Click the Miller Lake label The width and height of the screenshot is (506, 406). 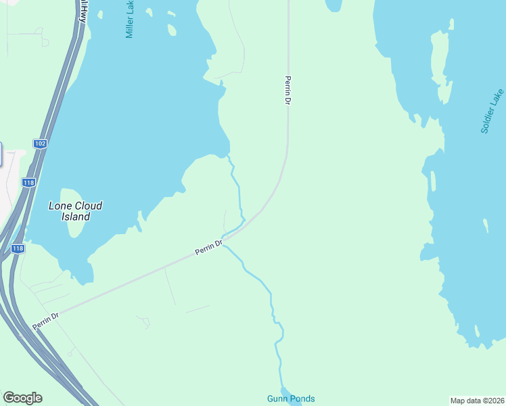click(x=130, y=19)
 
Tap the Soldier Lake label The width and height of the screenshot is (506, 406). click(x=492, y=111)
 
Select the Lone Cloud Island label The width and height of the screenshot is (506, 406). click(x=75, y=211)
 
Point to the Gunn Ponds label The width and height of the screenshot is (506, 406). click(x=291, y=399)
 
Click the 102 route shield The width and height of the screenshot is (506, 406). click(x=40, y=143)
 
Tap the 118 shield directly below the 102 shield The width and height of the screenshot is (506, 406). click(x=28, y=182)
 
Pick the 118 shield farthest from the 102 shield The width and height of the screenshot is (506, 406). click(x=18, y=249)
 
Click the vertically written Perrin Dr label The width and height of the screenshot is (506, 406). click(x=287, y=89)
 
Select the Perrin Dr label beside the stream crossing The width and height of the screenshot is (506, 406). click(x=209, y=247)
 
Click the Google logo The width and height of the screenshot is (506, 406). click(x=22, y=398)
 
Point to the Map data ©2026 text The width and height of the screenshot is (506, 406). click(x=478, y=400)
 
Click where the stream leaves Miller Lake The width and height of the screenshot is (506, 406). click(x=229, y=155)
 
